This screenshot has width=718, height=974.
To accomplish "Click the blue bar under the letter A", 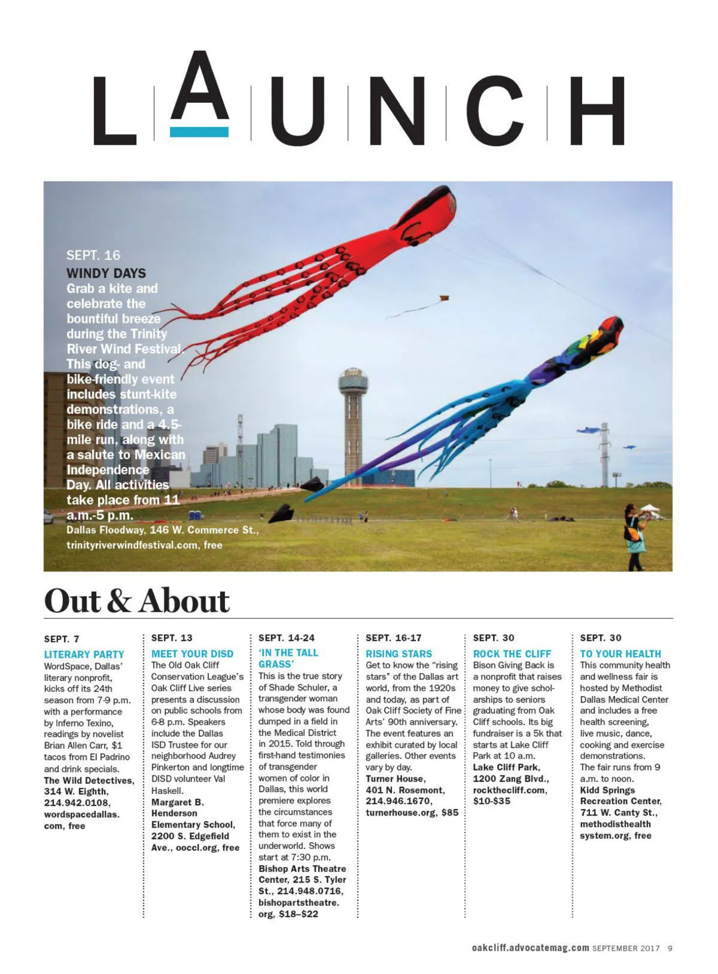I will point(199,132).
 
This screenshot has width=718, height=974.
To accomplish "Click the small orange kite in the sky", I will point(443,298).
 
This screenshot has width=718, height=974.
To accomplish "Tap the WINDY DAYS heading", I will point(106,273).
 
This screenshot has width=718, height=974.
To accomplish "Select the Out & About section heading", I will point(137,601).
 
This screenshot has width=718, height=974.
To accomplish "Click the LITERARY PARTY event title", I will point(84,654).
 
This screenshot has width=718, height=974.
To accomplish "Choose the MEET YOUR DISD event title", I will point(192,654).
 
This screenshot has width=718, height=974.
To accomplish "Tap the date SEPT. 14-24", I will point(286,638).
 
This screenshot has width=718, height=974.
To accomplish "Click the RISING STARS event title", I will point(398,654).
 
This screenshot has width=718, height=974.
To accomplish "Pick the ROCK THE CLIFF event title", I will point(512,654).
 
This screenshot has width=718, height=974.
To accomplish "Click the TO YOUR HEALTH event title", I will point(620,654).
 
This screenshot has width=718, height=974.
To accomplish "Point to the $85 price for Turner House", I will point(449,812).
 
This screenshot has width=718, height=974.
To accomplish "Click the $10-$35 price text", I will point(491,801).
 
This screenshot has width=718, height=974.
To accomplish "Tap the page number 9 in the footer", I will point(670,948).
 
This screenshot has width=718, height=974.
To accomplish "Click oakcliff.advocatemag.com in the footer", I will point(530,948).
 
